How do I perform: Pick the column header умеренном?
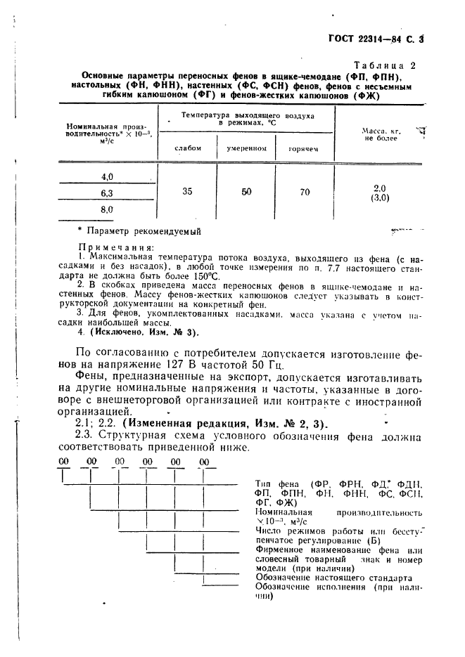coord(246,149)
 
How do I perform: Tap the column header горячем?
coord(305,149)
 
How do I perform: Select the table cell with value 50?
coord(246,191)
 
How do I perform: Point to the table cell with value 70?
coord(304,191)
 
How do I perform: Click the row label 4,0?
coord(107,176)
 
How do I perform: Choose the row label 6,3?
coord(107,193)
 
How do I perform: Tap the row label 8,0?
coord(107,209)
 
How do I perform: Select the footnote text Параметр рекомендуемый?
coord(144,230)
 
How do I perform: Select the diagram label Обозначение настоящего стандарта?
coord(334,578)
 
